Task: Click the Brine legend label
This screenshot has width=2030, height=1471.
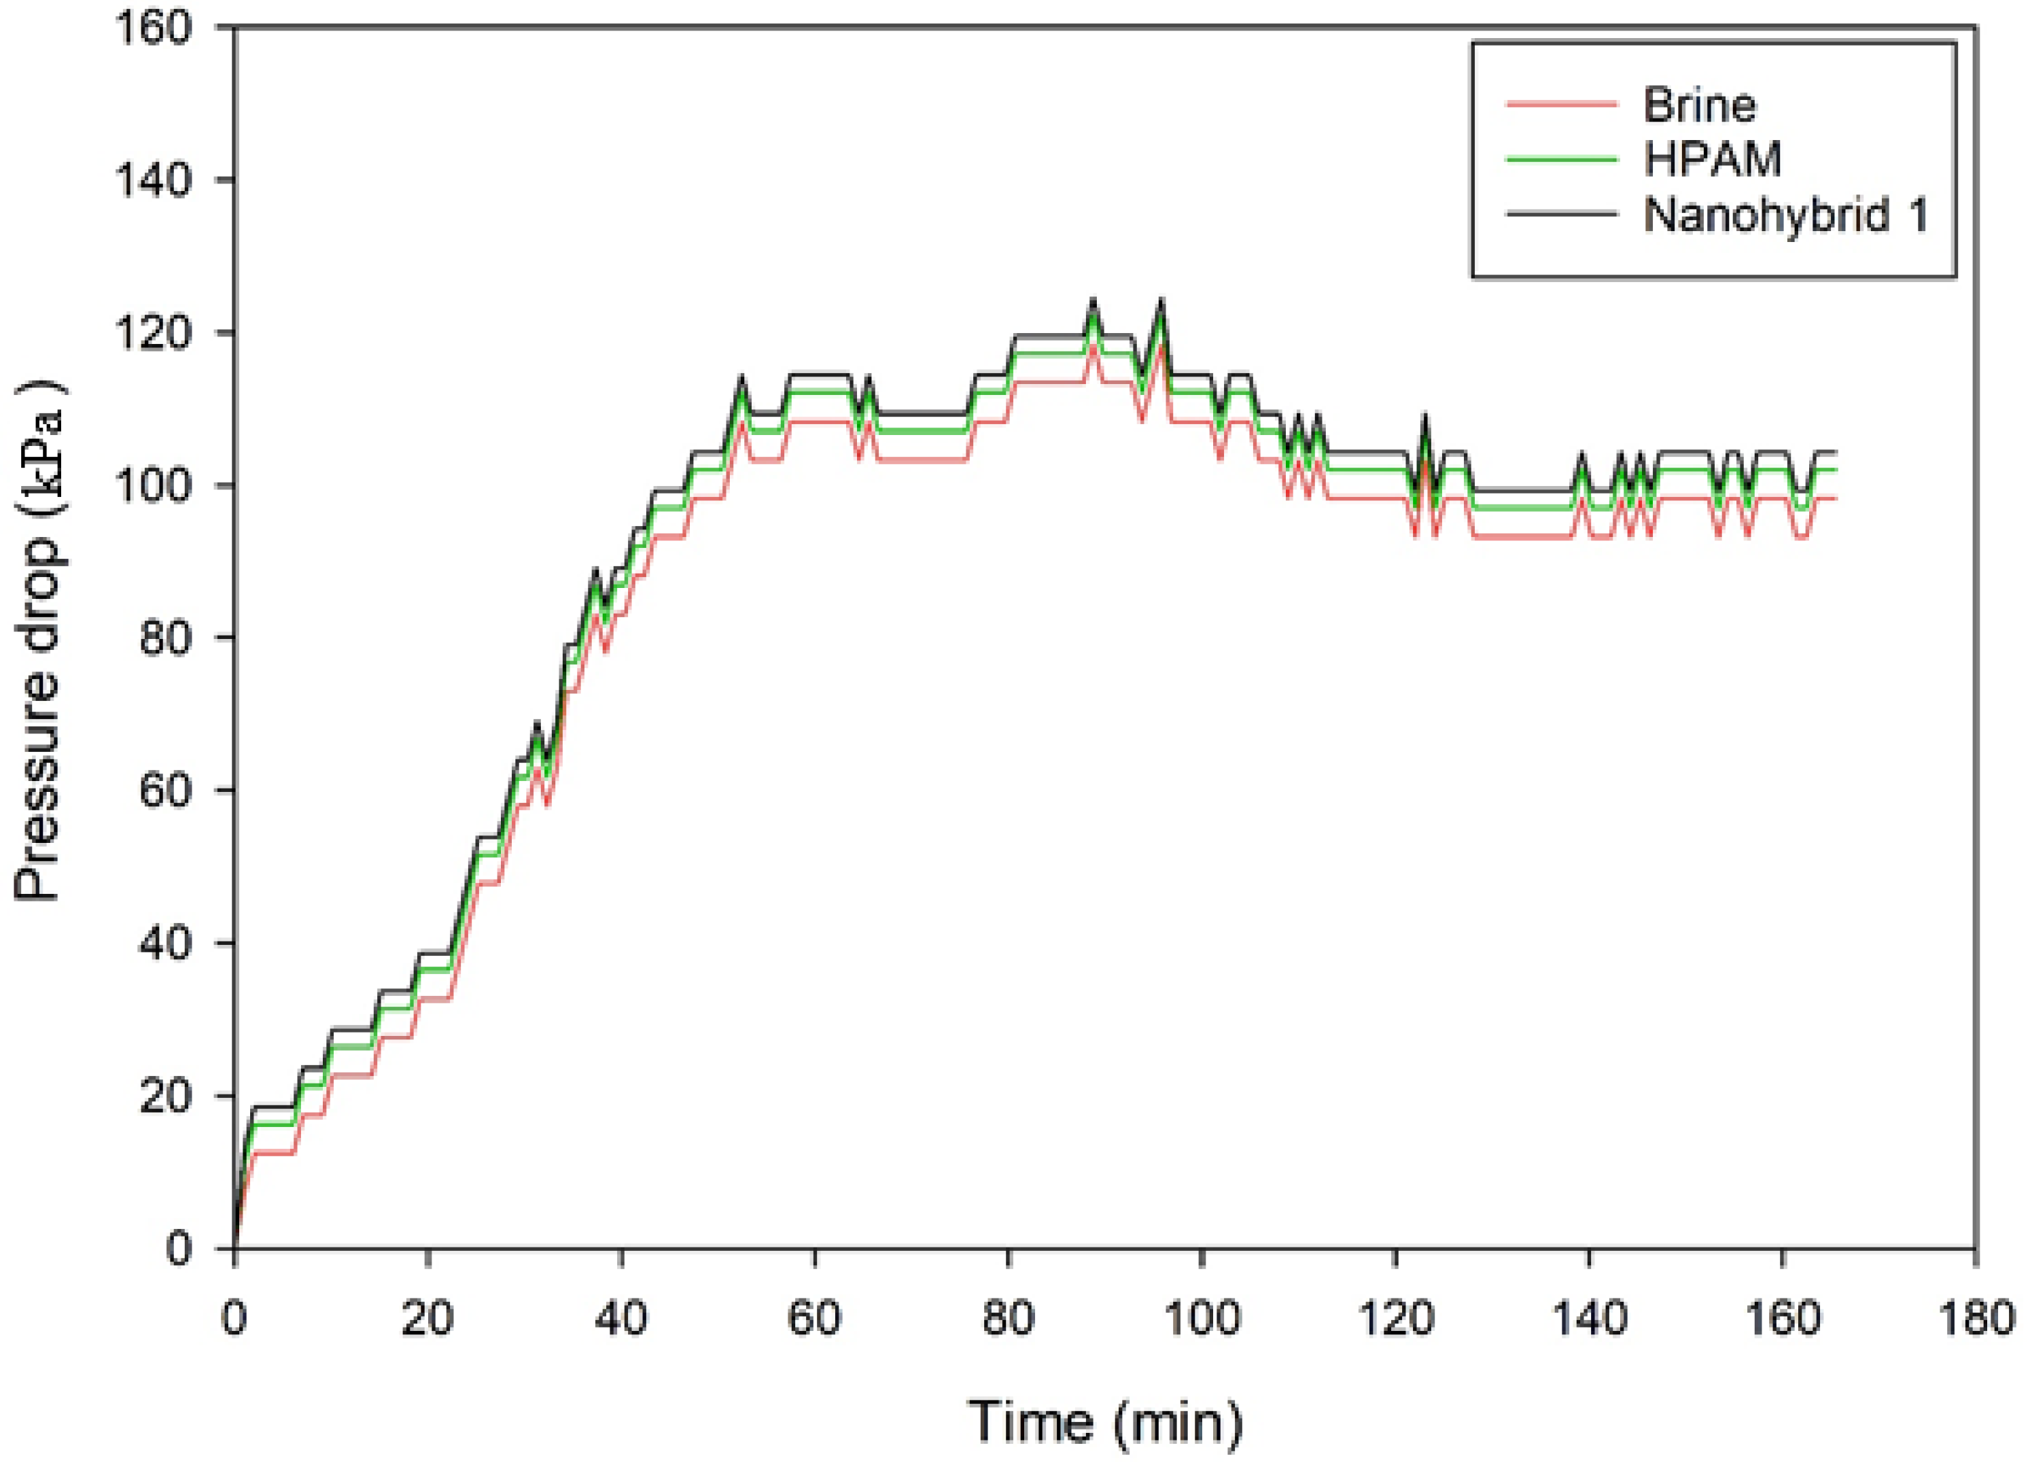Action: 1699,105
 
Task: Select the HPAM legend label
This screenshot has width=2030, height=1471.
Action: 1712,159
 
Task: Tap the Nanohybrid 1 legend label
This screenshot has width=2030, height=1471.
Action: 1785,215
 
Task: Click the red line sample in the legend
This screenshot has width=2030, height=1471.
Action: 1562,105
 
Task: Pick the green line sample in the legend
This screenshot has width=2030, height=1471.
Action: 1562,159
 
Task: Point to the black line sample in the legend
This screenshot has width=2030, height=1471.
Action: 1562,214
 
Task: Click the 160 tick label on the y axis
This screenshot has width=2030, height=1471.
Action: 154,29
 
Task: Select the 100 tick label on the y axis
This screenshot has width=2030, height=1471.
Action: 154,486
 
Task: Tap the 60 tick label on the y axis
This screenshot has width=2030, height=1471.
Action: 167,791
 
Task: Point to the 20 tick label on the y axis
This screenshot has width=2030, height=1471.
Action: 167,1096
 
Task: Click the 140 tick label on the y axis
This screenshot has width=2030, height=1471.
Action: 154,181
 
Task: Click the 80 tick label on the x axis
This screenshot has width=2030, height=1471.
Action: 1009,1319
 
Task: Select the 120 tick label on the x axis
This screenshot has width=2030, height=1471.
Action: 1395,1319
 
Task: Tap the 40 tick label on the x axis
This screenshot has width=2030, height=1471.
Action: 621,1319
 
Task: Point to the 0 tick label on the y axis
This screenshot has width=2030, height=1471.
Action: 180,1249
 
